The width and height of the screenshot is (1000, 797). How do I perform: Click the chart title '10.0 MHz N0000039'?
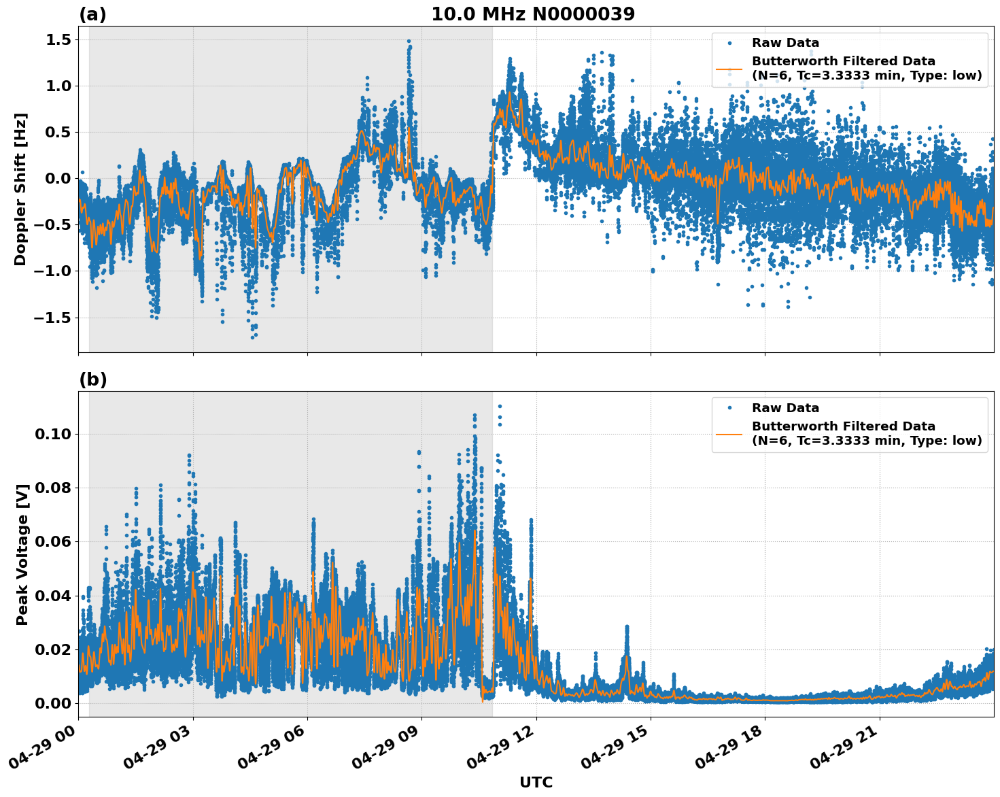532,14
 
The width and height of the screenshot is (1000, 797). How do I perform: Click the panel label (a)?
92,14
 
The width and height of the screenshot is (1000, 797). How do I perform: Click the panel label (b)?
92,379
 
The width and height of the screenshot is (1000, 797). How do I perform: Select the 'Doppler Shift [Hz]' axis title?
20,189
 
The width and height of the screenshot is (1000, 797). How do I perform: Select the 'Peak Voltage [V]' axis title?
22,554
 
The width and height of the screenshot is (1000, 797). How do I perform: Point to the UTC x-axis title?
536,782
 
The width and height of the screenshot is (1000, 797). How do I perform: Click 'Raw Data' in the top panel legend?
785,43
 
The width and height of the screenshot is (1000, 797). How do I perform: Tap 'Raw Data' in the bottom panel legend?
785,408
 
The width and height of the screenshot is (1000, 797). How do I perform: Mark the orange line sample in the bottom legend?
729,433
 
